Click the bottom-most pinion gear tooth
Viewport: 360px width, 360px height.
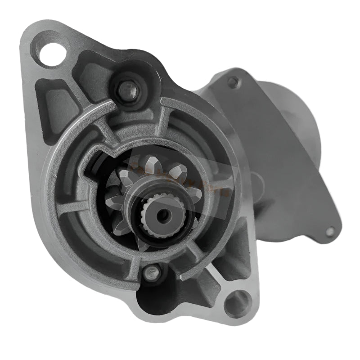click(x=143, y=244)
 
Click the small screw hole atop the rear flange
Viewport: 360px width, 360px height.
click(x=233, y=82)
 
